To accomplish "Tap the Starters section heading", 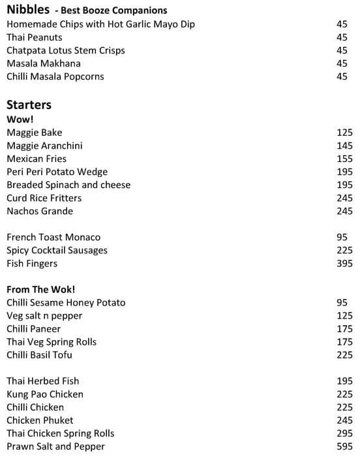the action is (29, 105).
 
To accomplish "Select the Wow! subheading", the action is (20, 119).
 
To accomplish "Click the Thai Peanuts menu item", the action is (35, 37).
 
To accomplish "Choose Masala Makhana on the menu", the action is (43, 63).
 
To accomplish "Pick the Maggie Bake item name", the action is (35, 133).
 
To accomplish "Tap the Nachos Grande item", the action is (40, 211).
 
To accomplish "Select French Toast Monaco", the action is (53, 237).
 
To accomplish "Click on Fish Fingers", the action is (32, 263).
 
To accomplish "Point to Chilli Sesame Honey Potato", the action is (66, 302).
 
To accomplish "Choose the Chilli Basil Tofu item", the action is (39, 355).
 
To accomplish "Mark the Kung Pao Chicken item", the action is (45, 394).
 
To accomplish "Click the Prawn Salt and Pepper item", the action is (55, 447).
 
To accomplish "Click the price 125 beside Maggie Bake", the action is (344, 133).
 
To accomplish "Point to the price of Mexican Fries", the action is (344, 159).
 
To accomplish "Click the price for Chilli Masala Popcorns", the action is (342, 76).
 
